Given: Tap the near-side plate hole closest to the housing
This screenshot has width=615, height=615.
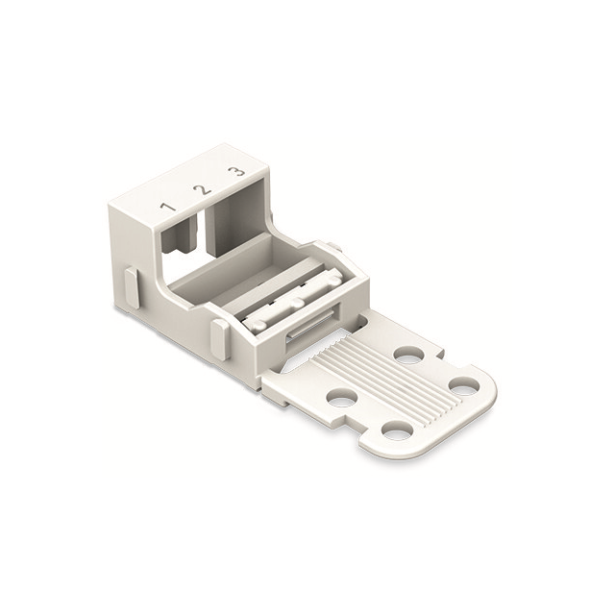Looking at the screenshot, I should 341,396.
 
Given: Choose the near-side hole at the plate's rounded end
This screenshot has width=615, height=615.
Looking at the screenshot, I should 396,431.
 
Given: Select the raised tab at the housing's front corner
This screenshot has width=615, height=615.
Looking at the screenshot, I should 219,336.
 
